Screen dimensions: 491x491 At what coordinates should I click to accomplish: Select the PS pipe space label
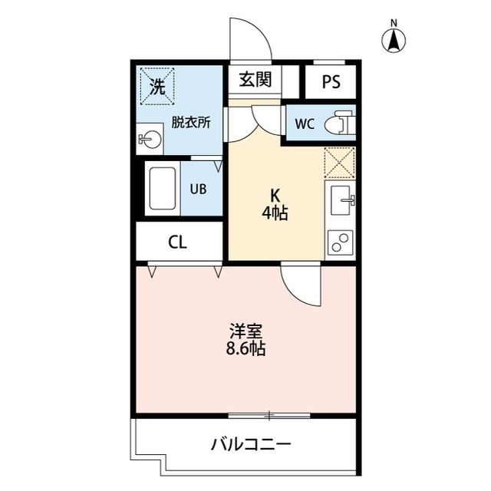pos(331,81)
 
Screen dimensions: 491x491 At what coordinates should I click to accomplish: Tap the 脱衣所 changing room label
pos(190,122)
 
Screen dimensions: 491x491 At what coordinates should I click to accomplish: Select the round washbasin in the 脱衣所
pos(150,140)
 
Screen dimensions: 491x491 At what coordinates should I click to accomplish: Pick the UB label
pos(198,188)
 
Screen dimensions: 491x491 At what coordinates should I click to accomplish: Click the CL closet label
pos(177,242)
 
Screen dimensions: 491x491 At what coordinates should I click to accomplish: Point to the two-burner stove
pos(340,242)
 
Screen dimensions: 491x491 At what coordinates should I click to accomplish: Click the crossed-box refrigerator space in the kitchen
pos(340,163)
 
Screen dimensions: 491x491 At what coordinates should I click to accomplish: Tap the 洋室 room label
pos(246,331)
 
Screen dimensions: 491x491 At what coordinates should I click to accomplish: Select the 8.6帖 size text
pos(246,350)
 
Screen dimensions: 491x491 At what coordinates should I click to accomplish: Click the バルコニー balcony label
pos(251,444)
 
